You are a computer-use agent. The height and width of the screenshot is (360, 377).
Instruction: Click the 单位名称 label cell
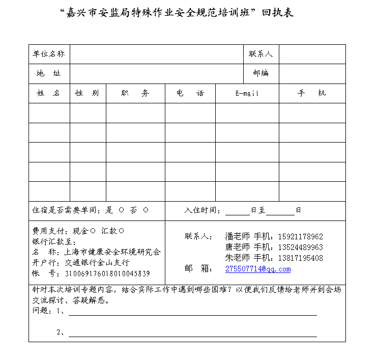coord(49,54)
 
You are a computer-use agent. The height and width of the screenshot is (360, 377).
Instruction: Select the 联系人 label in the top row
coord(260,54)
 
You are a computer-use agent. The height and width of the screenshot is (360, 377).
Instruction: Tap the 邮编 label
coord(260,73)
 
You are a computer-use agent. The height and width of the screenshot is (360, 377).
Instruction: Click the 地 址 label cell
coord(49,73)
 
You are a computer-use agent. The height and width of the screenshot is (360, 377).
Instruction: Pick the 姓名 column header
coord(49,93)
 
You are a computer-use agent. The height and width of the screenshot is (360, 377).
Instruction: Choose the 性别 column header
coord(88,93)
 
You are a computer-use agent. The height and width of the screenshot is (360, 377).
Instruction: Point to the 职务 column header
coord(135,93)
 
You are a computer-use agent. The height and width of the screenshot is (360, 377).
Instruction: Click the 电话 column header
coord(190,93)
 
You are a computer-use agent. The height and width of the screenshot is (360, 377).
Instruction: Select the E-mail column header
coord(247,94)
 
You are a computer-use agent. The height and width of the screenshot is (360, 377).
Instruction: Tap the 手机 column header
coord(312,93)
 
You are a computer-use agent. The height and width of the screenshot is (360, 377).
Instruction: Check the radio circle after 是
coord(121,210)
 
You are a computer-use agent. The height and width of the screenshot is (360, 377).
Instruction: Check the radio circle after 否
coord(146,210)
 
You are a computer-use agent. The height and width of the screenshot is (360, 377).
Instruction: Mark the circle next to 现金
coord(93,230)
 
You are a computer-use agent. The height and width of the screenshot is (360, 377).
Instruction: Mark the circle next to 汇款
coord(122,230)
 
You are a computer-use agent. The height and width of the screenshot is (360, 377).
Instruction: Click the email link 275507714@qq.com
coord(258,269)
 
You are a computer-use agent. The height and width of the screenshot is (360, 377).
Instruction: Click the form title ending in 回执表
coord(177,13)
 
